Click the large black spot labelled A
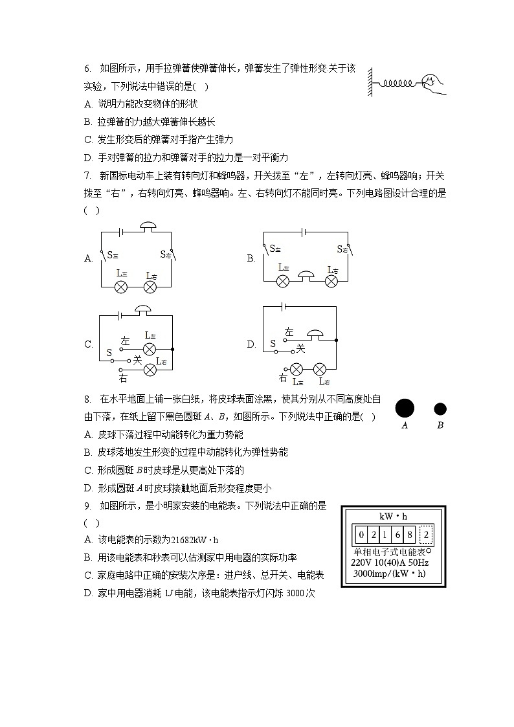[x=405, y=408]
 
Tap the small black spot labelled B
[x=440, y=409]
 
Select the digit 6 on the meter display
[x=397, y=535]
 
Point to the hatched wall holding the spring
[x=371, y=82]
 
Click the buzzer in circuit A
[x=148, y=227]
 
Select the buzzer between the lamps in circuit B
[x=306, y=276]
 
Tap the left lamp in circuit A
[x=120, y=286]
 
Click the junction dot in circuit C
[x=173, y=349]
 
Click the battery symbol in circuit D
[x=283, y=306]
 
